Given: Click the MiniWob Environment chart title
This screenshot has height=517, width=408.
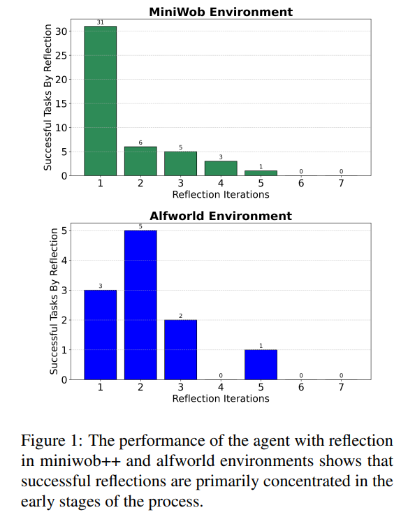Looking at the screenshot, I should pyautogui.click(x=220, y=12).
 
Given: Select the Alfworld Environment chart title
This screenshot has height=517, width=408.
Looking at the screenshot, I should pyautogui.click(x=220, y=216).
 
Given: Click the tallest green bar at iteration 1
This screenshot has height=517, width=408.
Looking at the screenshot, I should pyautogui.click(x=100, y=101).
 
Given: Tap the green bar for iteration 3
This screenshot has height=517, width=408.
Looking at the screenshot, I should pyautogui.click(x=180, y=163).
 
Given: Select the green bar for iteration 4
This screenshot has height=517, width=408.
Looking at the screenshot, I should pyautogui.click(x=221, y=168).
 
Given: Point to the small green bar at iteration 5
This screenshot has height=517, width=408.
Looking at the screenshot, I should pyautogui.click(x=261, y=173).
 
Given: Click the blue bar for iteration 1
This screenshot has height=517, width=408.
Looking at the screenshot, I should pyautogui.click(x=100, y=335).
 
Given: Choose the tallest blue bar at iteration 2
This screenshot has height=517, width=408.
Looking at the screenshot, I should pyautogui.click(x=140, y=305).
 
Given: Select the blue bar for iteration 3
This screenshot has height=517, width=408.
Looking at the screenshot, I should pyautogui.click(x=180, y=350).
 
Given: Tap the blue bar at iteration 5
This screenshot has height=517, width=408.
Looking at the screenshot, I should pyautogui.click(x=261, y=365).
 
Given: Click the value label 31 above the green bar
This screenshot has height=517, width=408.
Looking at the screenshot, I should pyautogui.click(x=100, y=22).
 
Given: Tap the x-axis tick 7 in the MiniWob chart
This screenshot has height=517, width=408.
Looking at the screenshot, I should pyautogui.click(x=341, y=184).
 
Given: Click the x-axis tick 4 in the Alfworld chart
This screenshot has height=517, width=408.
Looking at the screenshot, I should pyautogui.click(x=221, y=388).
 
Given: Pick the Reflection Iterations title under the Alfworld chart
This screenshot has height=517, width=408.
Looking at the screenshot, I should pyautogui.click(x=220, y=398).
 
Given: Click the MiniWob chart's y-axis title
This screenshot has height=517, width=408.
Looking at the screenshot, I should pyautogui.click(x=48, y=98).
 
